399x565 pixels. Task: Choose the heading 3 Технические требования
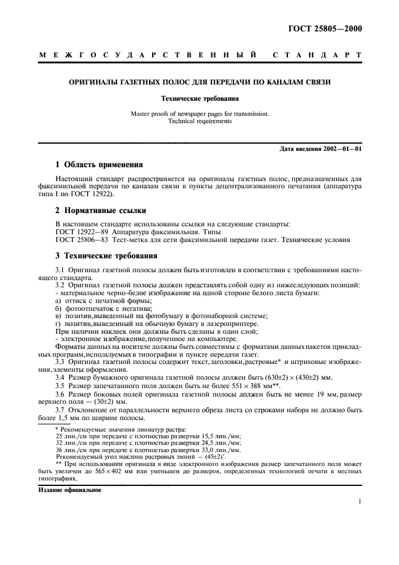106,255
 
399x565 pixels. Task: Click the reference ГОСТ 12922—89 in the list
83,232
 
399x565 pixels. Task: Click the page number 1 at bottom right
359,501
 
